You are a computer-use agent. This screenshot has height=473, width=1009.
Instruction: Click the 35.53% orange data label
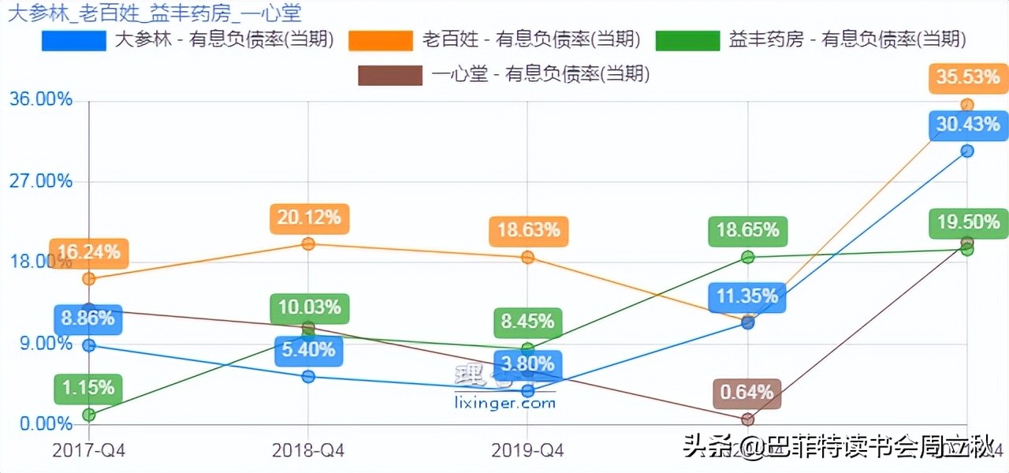968,77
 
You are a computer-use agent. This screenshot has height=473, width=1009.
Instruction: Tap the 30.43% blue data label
968,124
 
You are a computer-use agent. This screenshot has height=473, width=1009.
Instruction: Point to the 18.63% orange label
528,230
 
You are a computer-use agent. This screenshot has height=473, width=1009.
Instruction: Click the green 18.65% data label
747,230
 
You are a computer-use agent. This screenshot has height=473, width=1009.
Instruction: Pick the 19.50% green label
968,223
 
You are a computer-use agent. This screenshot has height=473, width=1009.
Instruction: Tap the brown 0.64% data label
747,393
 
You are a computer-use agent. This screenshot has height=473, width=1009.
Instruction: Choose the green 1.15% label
89,388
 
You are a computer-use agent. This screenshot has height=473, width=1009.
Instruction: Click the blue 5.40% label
309,349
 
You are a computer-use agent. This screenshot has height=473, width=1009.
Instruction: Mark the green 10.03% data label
309,307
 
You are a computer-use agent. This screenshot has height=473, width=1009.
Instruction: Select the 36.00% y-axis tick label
40,99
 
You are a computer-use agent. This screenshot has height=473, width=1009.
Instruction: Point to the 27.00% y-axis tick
40,181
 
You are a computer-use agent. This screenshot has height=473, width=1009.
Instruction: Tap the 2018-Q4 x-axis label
308,450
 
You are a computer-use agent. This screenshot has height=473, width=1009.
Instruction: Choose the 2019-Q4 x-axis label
527,450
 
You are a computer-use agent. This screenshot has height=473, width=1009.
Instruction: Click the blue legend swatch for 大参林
73,40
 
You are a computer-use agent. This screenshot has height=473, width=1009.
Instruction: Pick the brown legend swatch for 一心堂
389,75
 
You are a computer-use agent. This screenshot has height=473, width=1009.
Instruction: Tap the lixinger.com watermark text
505,403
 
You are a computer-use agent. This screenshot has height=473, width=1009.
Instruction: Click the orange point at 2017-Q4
89,279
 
